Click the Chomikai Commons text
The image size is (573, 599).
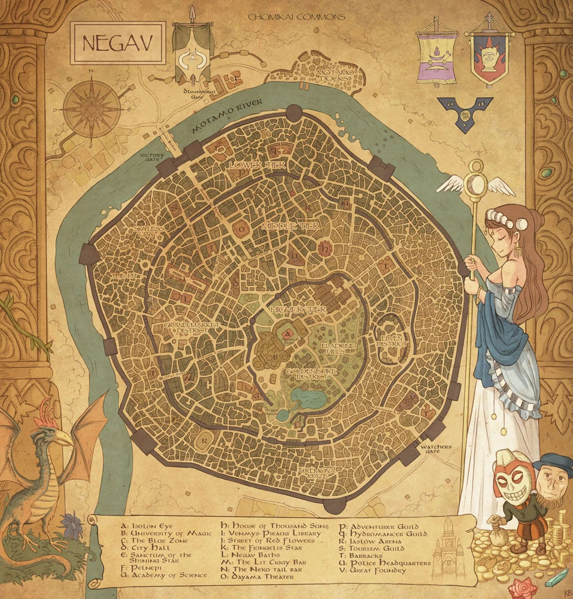tap(297, 17)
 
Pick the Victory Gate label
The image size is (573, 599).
tap(152, 157)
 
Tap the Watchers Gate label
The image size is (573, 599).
tap(436, 449)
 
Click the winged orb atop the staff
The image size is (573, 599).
tap(476, 183)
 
